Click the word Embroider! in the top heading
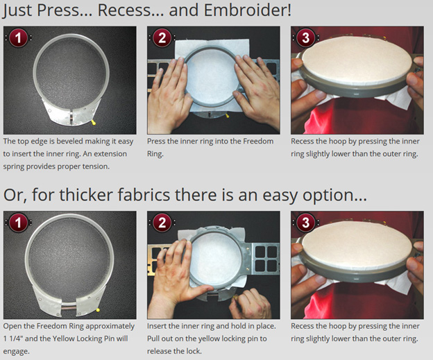248,10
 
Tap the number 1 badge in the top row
18,38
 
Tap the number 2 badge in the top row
162,38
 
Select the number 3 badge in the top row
306,38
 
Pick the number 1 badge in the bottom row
18,223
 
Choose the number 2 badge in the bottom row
162,223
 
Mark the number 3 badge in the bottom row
306,223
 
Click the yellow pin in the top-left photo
94,122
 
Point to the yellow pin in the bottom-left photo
98,310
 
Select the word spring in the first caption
14,166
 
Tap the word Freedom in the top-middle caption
258,141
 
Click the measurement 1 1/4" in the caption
13,338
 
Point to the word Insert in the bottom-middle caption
157,326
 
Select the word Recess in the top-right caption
303,141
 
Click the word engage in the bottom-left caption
15,352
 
